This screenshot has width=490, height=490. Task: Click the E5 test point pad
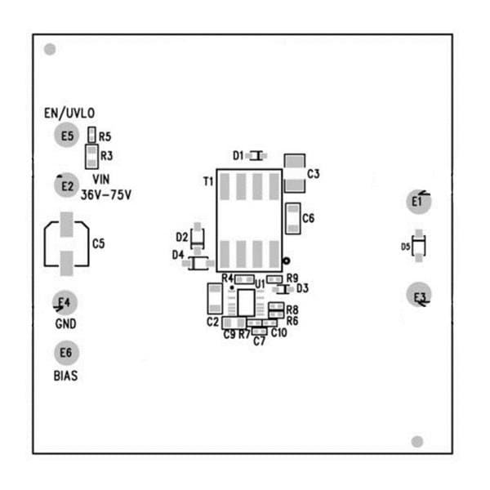pos(67,136)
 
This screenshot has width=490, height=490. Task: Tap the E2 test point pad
pos(67,186)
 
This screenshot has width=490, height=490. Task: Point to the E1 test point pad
pos(418,201)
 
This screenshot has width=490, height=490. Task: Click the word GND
pos(66,323)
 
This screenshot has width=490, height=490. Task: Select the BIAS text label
pos(66,376)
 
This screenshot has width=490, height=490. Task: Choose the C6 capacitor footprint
pos(292,218)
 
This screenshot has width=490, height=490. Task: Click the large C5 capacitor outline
pos(66,243)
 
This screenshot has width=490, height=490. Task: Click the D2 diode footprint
pos(197,237)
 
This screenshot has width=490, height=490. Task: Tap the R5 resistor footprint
pos(91,136)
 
